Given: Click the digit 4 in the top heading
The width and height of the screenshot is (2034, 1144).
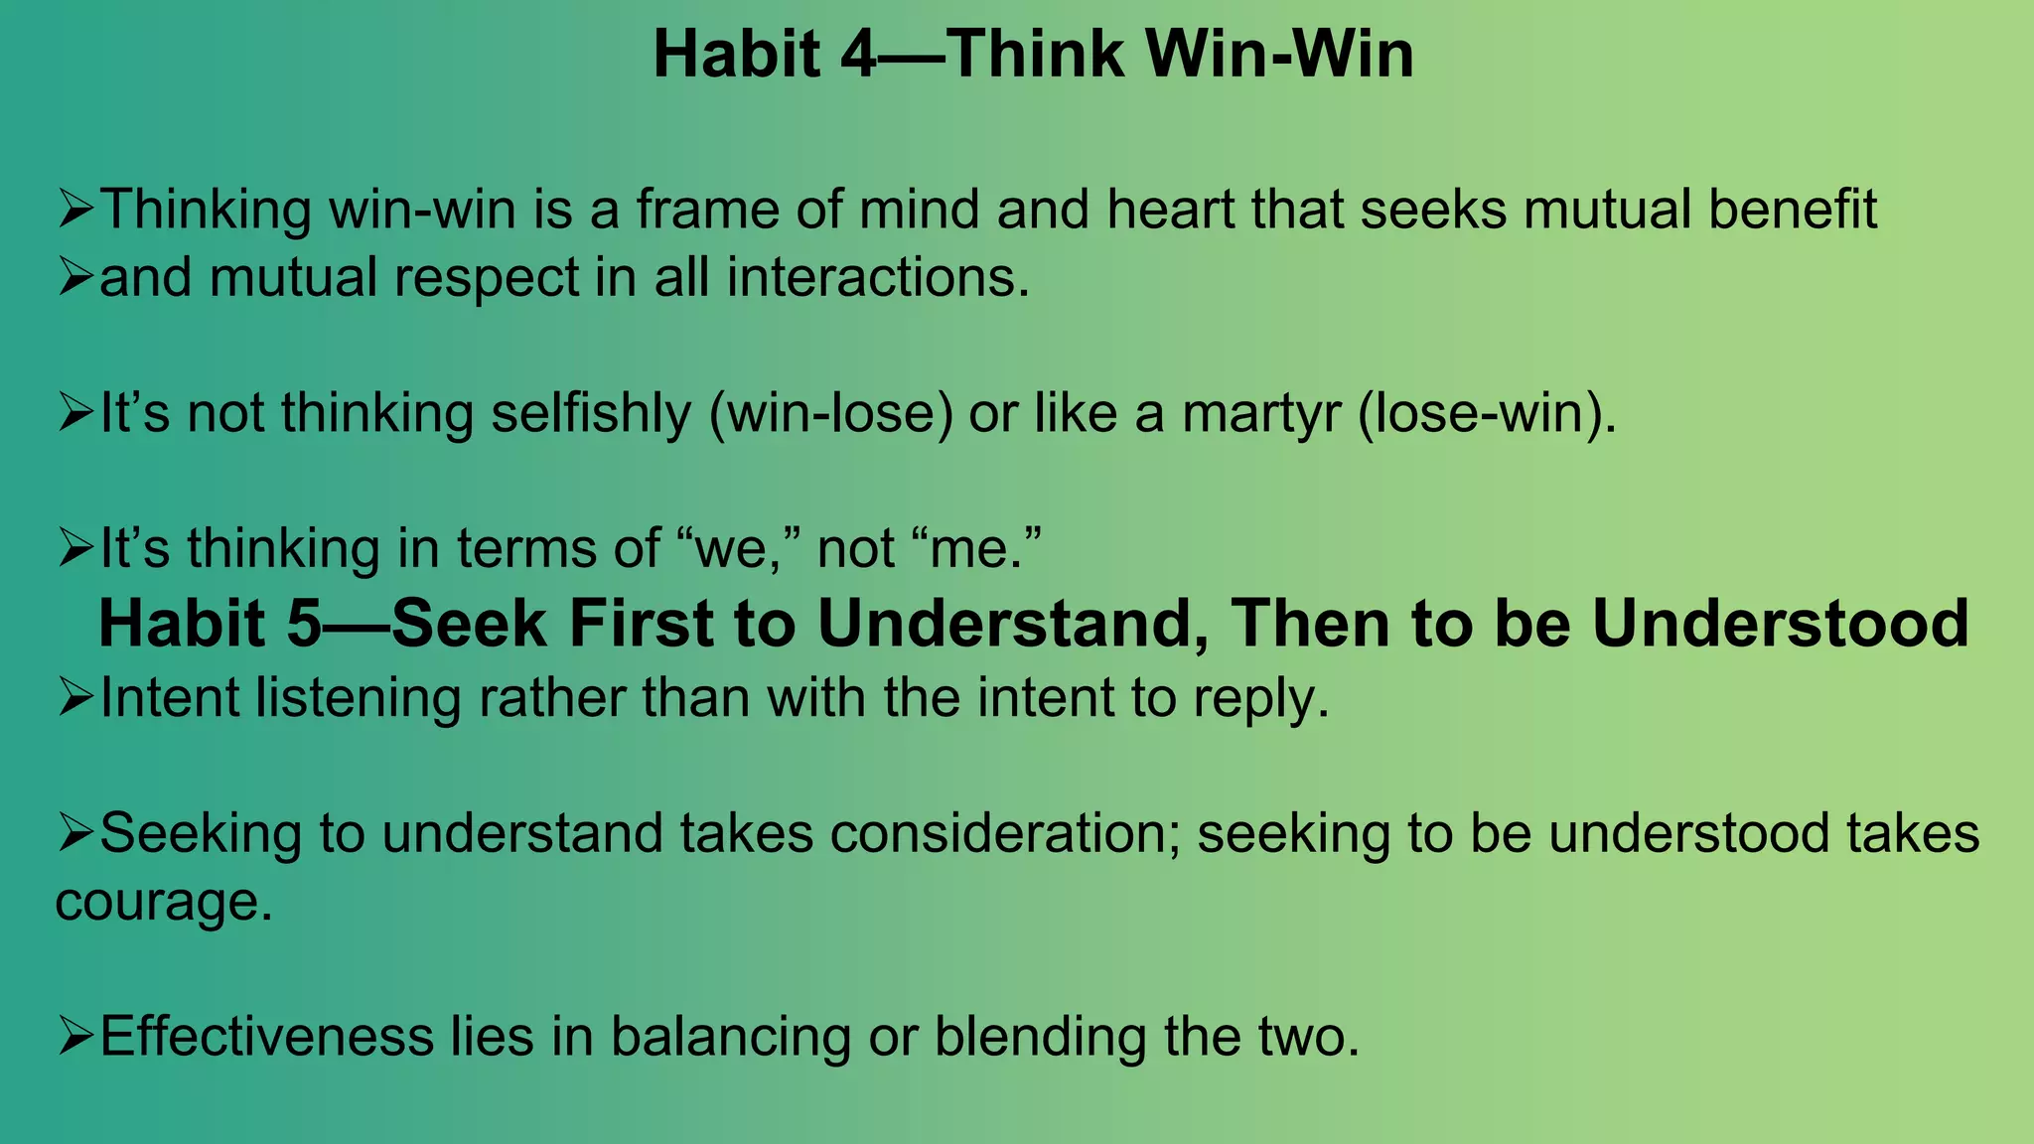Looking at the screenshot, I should click(x=858, y=55).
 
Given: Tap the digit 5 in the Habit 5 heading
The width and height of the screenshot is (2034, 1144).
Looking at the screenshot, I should click(x=304, y=625).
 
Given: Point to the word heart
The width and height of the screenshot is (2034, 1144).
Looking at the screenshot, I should click(x=1169, y=210).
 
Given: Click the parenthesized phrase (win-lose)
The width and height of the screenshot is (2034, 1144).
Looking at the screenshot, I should click(x=831, y=413).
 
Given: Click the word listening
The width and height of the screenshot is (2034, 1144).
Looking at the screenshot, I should click(x=359, y=698).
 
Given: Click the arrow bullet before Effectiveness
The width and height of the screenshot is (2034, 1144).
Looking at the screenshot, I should click(x=75, y=1038).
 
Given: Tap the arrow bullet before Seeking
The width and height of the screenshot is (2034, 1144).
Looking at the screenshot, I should click(x=75, y=834).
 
